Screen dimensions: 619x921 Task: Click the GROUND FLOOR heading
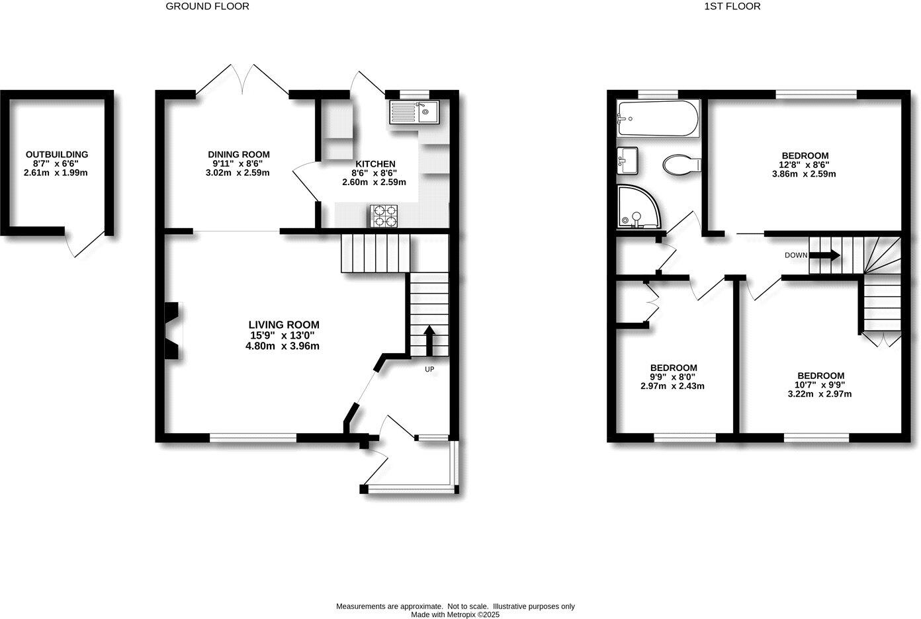[207, 7]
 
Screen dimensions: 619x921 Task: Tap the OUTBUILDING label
[56, 155]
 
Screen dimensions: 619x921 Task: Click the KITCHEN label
[375, 164]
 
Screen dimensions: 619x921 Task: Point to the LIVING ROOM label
[283, 325]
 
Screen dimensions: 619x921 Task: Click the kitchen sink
[414, 112]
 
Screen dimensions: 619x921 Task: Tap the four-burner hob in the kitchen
[385, 216]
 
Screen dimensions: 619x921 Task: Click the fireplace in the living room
[173, 331]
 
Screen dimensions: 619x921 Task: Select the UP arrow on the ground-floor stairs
[429, 340]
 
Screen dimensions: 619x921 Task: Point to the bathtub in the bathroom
[657, 119]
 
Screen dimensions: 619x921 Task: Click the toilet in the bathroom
[682, 163]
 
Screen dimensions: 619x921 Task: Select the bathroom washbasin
[627, 159]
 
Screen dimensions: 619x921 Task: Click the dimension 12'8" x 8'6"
[804, 165]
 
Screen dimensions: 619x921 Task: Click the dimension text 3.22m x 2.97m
[819, 394]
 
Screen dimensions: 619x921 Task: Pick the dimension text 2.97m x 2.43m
[672, 386]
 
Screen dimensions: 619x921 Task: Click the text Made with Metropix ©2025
[455, 614]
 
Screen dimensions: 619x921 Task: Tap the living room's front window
[253, 437]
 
